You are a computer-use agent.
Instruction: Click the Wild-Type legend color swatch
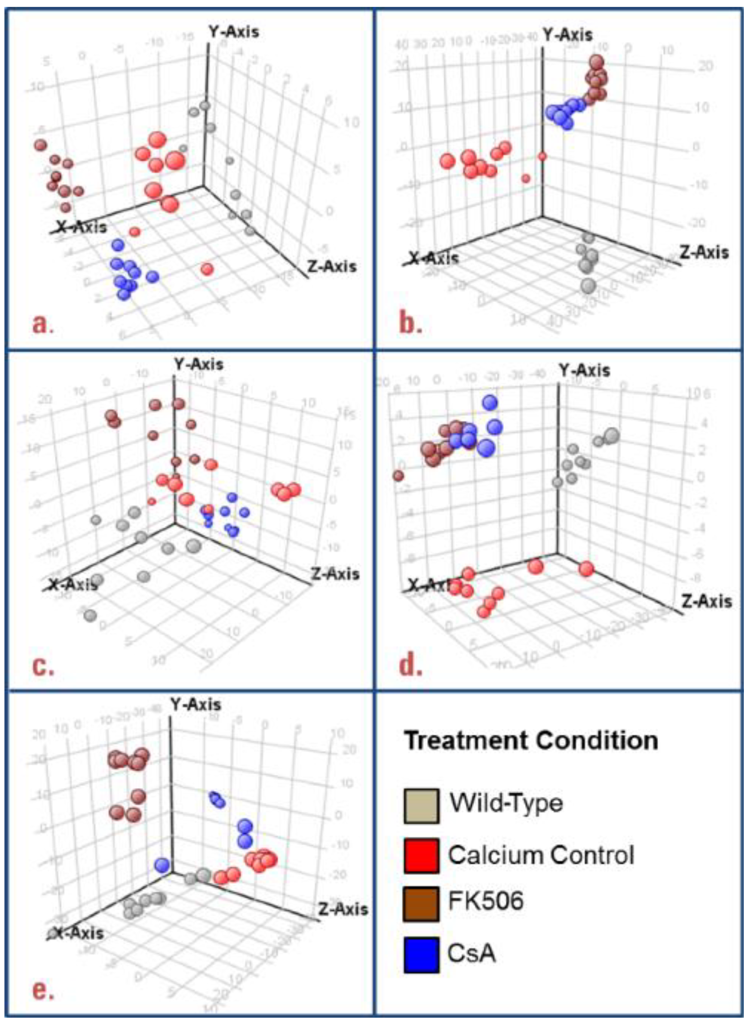tap(421, 806)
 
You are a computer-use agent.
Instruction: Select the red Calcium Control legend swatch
tap(421, 856)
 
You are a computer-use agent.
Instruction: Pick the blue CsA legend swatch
tap(421, 955)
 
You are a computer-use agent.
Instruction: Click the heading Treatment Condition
tap(531, 741)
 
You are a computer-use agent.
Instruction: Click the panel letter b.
tap(410, 323)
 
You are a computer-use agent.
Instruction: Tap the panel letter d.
tap(410, 665)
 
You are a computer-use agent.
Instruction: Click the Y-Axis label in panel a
tap(233, 32)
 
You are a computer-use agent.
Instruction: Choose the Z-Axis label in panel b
tap(704, 252)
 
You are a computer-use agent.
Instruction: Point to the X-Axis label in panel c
tap(73, 584)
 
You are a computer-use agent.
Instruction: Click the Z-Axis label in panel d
tap(707, 601)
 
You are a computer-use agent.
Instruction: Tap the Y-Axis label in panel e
tap(195, 705)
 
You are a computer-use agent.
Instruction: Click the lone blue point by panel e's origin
tap(162, 864)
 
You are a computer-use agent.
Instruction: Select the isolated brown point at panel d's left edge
tap(399, 476)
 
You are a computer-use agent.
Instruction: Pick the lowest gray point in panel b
tap(588, 285)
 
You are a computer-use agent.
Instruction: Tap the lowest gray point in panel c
tap(90, 615)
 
